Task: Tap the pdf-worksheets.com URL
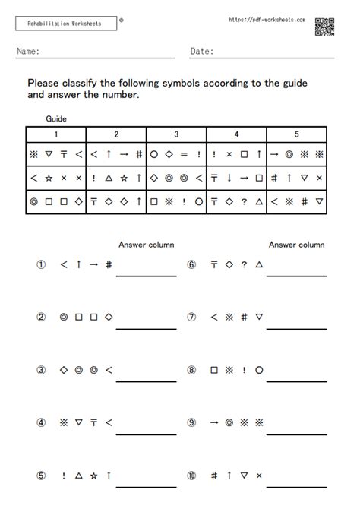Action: click(x=267, y=20)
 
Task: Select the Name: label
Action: click(x=27, y=52)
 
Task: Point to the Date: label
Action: click(x=201, y=52)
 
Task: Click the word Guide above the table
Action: click(x=57, y=119)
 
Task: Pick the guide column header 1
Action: click(x=55, y=134)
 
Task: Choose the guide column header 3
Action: click(x=176, y=134)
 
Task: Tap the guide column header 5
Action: click(x=297, y=134)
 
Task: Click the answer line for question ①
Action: click(x=146, y=274)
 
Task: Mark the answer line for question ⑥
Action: click(x=297, y=274)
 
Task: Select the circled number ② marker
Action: click(x=42, y=318)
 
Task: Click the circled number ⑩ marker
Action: click(x=192, y=476)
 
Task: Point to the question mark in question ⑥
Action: click(x=245, y=264)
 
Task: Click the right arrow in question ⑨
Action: click(x=214, y=422)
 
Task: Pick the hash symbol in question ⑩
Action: click(x=214, y=476)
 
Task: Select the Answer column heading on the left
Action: click(x=146, y=245)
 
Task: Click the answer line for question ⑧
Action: click(x=297, y=380)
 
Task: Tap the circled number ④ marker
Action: click(x=42, y=422)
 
